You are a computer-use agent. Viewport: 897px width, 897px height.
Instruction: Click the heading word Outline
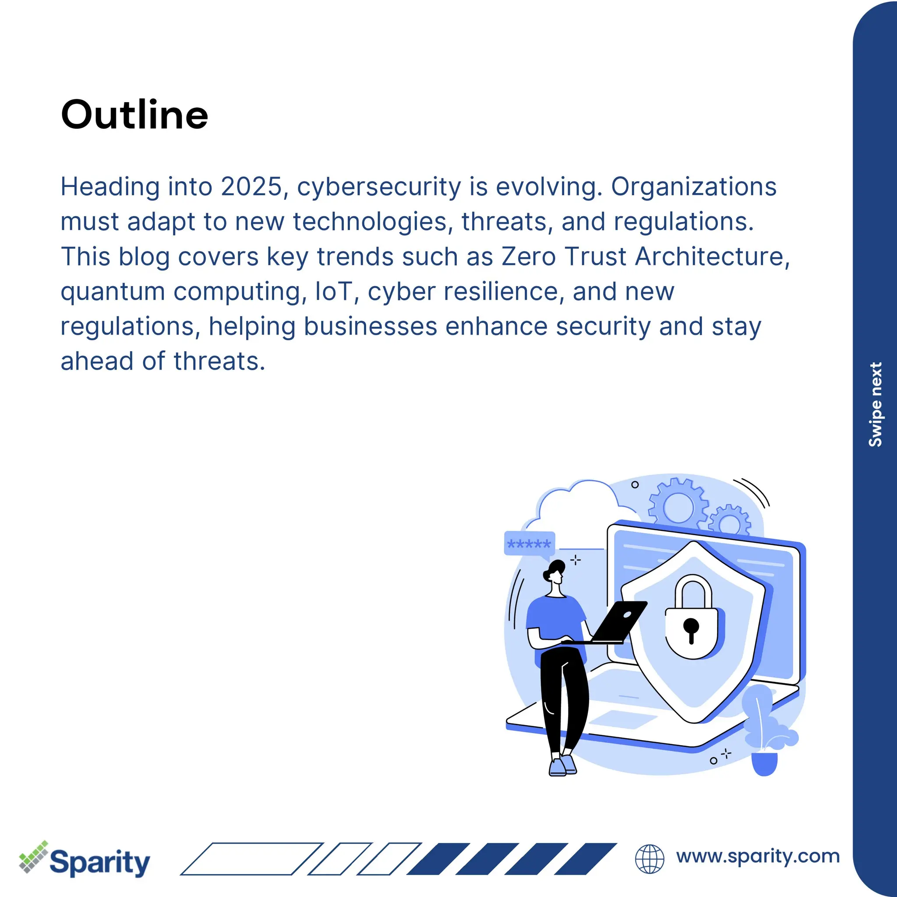(134, 115)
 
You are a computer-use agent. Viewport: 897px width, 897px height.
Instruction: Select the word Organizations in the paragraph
(694, 187)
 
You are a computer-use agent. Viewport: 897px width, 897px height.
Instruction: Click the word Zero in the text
(528, 256)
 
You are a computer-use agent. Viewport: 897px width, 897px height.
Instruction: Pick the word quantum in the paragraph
(113, 293)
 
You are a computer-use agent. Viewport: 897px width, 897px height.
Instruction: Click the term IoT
(332, 292)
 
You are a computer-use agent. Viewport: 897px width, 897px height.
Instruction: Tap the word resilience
(501, 292)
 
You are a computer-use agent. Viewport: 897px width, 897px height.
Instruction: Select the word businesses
(371, 326)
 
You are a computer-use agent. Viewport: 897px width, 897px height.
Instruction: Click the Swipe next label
(875, 404)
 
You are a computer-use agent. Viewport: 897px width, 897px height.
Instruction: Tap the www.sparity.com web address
(758, 856)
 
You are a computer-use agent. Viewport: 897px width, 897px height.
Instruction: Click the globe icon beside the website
(650, 859)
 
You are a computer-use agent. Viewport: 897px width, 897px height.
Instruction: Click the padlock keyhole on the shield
(691, 628)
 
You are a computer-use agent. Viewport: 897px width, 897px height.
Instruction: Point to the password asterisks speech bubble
(529, 543)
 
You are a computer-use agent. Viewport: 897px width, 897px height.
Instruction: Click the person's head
(555, 572)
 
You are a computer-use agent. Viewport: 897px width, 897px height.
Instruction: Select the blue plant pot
(764, 764)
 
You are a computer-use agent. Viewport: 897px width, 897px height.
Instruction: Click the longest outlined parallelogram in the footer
(252, 859)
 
